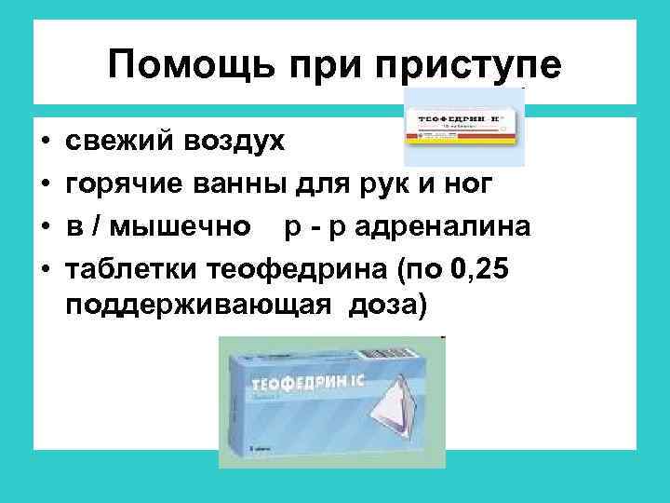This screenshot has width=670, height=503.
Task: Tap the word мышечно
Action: point(196,225)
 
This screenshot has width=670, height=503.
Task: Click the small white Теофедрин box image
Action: point(463,127)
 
